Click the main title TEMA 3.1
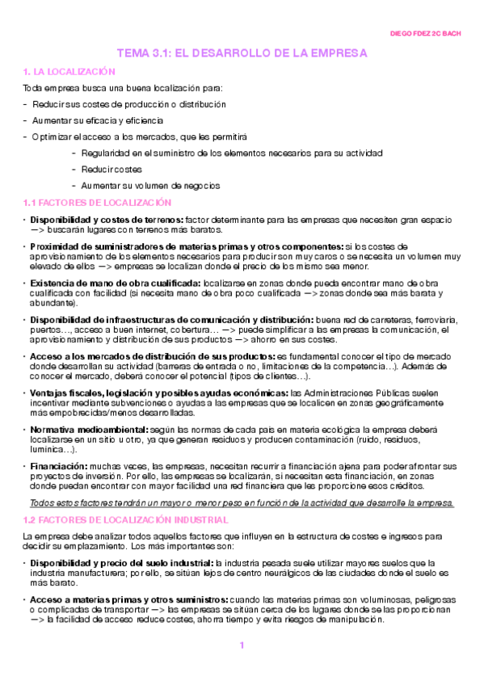pyautogui.click(x=242, y=53)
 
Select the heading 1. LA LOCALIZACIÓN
pyautogui.click(x=65, y=72)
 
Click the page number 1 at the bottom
pyautogui.click(x=241, y=645)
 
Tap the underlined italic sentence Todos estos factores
pyautogui.click(x=238, y=502)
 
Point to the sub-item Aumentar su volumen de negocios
pyautogui.click(x=150, y=185)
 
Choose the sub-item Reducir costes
pyautogui.click(x=112, y=169)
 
